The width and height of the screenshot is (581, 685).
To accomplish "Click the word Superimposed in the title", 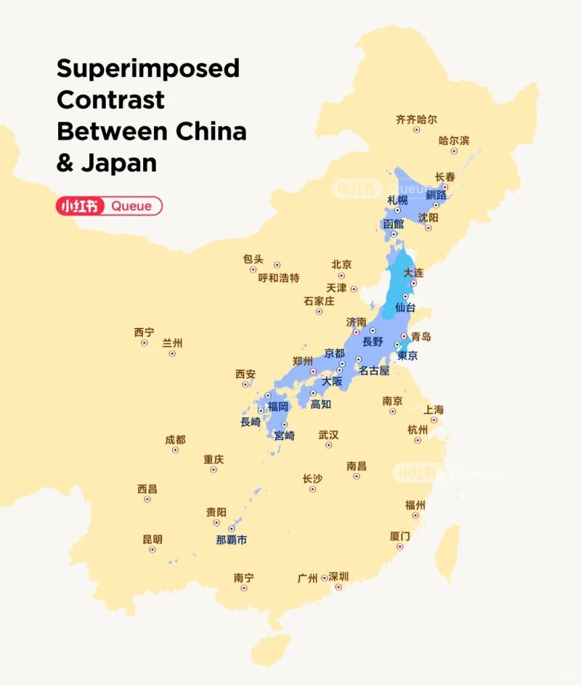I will coord(148,69).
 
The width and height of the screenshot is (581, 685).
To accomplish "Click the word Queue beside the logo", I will coord(131,206).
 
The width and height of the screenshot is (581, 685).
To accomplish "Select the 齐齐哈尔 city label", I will coord(416,119).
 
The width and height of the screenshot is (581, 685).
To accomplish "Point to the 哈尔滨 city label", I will coord(454,140).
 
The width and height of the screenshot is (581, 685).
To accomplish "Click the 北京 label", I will coord(341,264).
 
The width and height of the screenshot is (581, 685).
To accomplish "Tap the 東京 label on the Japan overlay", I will coord(407,356).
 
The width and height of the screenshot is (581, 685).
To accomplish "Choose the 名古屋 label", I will coord(374,370).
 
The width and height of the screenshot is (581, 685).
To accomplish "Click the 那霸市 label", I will coord(231,540).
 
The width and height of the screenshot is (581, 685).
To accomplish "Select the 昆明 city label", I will coord(153,539).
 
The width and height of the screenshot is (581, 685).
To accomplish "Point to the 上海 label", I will coord(434,409).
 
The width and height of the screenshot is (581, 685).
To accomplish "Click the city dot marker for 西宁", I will coord(144,342).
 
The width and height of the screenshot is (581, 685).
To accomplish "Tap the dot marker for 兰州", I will coord(172,353).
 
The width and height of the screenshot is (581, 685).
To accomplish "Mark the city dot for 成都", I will coord(175,450).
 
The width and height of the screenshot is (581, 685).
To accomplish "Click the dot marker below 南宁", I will coord(243,588).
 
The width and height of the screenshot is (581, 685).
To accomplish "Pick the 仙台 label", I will coord(405,308).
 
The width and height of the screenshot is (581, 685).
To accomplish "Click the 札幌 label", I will coord(397,200).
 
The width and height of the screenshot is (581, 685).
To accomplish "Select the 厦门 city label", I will coord(399,536).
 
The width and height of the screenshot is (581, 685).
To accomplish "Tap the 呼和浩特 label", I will coord(279,278).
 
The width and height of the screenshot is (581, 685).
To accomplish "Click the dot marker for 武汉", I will coord(328,445).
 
